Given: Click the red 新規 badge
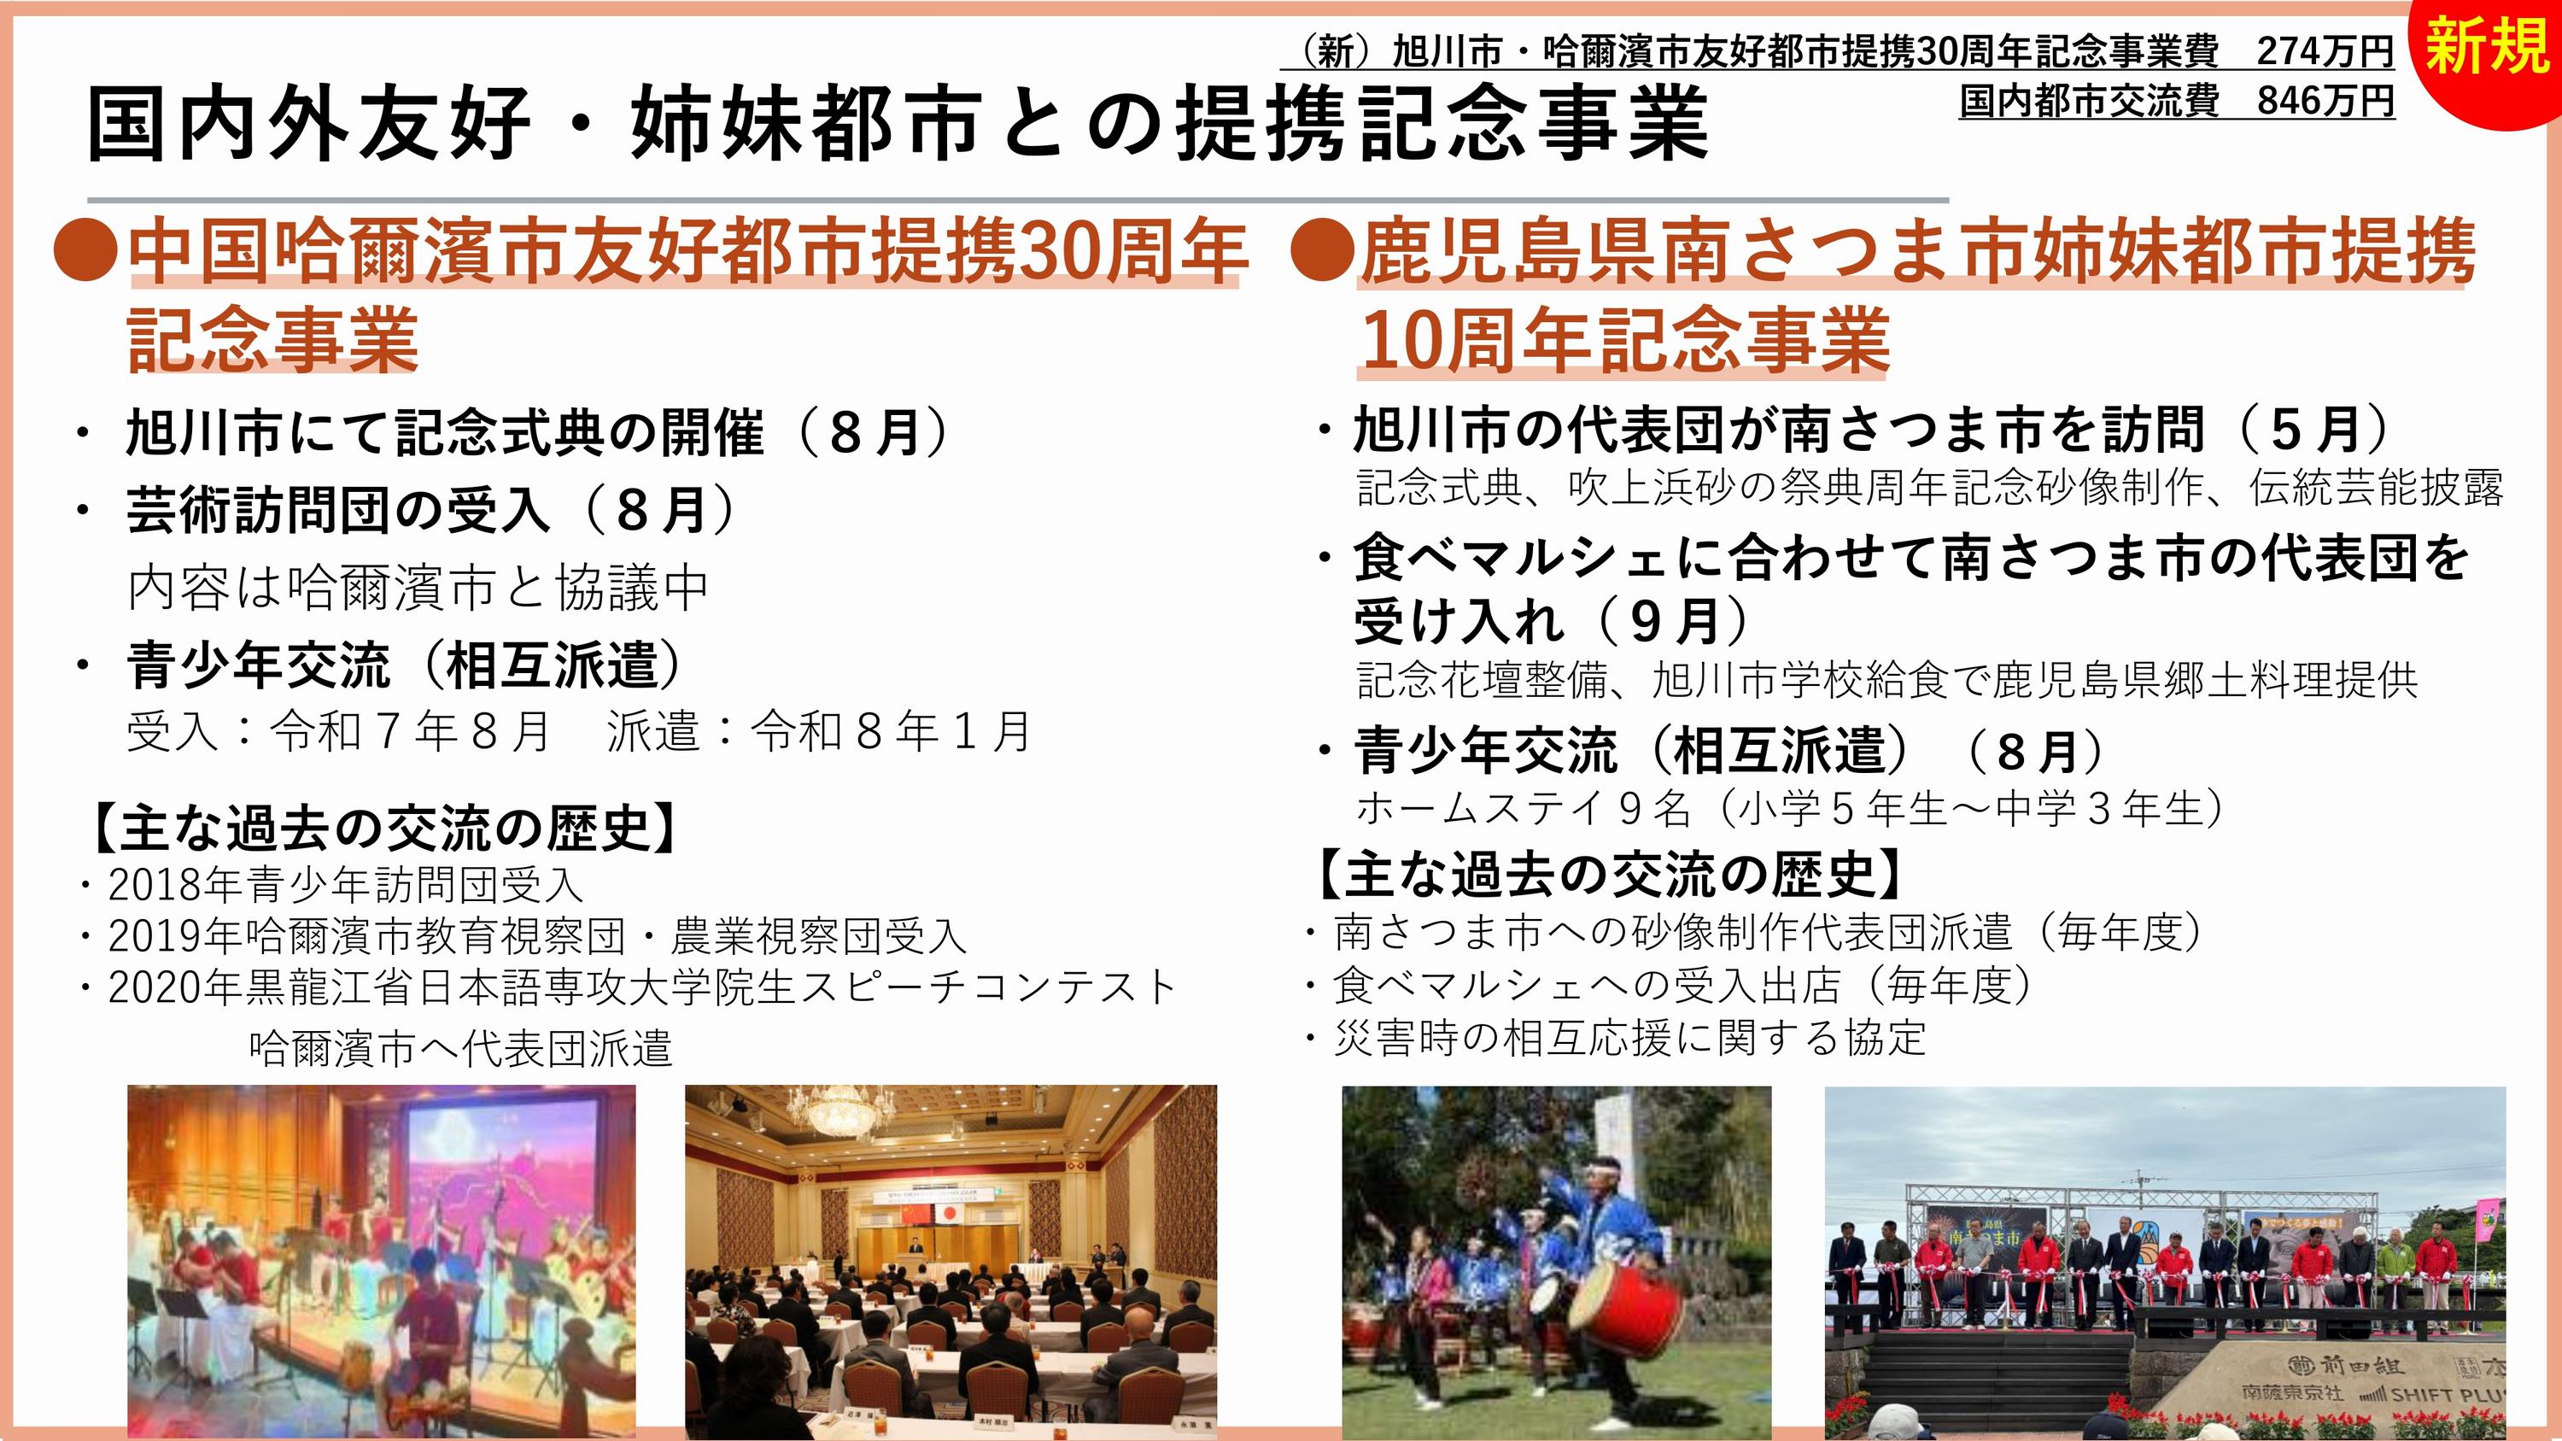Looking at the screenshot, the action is pos(2486,55).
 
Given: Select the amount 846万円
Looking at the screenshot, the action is pos(2325,101).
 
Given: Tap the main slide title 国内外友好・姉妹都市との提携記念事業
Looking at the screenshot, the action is pos(898,125).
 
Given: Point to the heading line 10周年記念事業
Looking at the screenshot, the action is pos(1624,340).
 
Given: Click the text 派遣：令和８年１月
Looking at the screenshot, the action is pos(820,732).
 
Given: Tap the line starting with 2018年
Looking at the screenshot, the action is pos(344,883).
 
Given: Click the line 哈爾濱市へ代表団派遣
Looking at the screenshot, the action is pos(460,1048).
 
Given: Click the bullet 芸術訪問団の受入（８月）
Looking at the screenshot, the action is pos(430,510).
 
